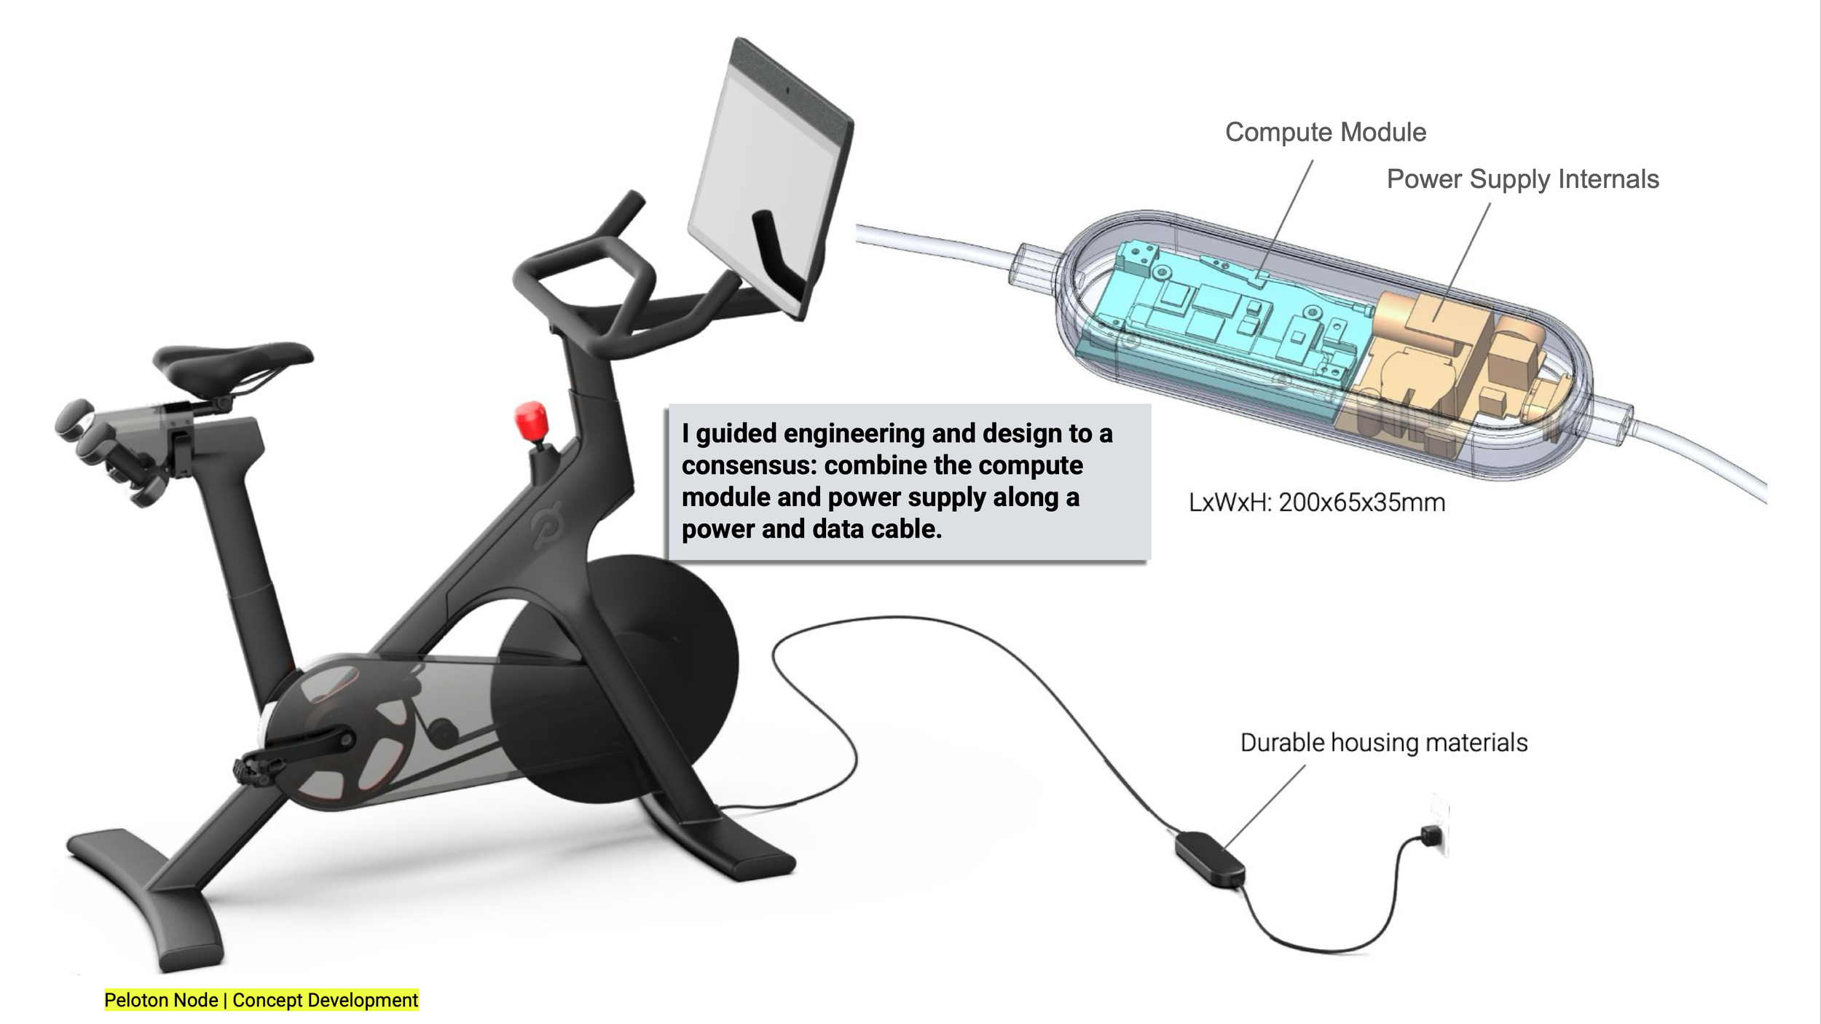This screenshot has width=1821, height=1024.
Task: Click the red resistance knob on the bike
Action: pyautogui.click(x=531, y=420)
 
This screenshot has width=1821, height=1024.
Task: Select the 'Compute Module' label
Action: pyautogui.click(x=1325, y=133)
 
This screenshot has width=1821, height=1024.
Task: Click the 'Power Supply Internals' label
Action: pyautogui.click(x=1522, y=179)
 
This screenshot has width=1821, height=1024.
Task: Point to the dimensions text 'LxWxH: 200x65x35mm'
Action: pyautogui.click(x=1317, y=503)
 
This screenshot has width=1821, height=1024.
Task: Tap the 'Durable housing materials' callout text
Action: pyautogui.click(x=1384, y=743)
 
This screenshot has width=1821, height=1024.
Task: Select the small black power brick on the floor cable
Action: pyautogui.click(x=1211, y=859)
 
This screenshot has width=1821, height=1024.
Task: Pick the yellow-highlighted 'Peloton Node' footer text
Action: pyautogui.click(x=161, y=1000)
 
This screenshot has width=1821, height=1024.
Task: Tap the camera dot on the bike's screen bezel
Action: pyautogui.click(x=787, y=90)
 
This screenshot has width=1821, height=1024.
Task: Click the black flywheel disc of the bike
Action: pyautogui.click(x=615, y=677)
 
